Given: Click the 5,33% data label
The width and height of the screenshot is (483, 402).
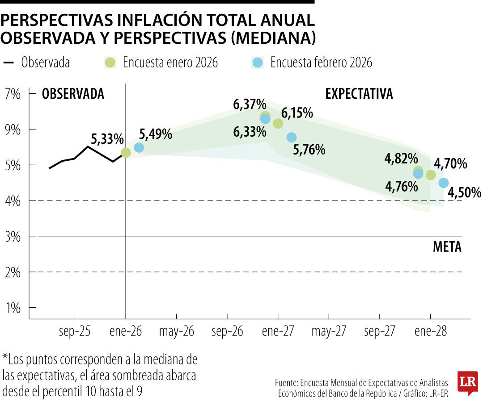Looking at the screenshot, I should tap(107, 139).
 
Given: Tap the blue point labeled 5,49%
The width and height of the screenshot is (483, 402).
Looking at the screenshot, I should tap(139, 147).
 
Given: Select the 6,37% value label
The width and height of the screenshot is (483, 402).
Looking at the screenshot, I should tap(250, 105).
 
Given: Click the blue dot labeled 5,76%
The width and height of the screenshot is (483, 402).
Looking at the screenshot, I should tap(292, 138).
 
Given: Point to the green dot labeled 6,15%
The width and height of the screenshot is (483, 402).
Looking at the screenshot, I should tap(278, 123).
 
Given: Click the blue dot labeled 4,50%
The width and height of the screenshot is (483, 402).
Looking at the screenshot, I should tap(444, 183).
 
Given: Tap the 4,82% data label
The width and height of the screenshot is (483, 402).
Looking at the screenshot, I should tap(401, 159).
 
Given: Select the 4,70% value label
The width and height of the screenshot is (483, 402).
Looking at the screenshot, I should tap(450, 164).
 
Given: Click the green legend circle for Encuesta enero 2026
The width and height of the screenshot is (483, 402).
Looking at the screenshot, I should tap(110, 63).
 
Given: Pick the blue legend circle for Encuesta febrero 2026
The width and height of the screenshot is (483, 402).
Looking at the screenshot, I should tap(258, 63).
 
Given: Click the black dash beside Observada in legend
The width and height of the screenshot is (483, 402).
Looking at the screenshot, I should tap(8, 63).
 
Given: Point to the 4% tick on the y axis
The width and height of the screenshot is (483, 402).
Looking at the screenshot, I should tap(13, 201).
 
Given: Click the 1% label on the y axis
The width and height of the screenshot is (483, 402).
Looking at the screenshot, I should tap(13, 308).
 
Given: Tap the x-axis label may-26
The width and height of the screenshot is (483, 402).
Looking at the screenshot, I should tap(177, 331).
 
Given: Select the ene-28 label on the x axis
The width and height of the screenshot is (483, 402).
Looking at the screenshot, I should tap(430, 331).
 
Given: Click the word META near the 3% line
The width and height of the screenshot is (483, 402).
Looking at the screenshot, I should tap(447, 247).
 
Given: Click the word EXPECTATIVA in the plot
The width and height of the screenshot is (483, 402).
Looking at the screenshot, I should tap(359, 94).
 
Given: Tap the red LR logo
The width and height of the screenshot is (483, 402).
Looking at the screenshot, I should tap(467, 382).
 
